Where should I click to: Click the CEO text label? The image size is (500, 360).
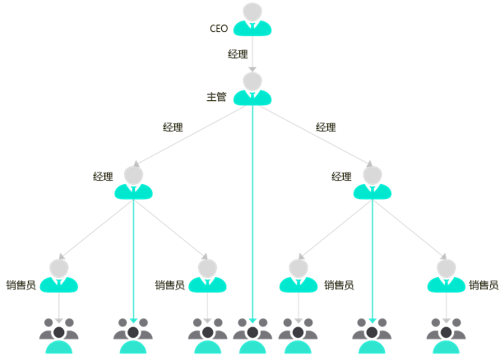pyautogui.click(x=219, y=29)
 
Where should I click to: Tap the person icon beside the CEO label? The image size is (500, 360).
pyautogui.click(x=252, y=20)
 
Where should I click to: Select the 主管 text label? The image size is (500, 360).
pyautogui.click(x=216, y=97)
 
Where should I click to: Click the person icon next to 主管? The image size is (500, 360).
pyautogui.click(x=252, y=89)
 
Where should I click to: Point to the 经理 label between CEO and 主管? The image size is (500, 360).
pyautogui.click(x=238, y=54)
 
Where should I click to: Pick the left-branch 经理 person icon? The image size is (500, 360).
pyautogui.click(x=133, y=182)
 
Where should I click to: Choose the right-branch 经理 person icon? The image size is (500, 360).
pyautogui.click(x=372, y=182)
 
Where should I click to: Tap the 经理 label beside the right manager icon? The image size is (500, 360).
pyautogui.click(x=341, y=177)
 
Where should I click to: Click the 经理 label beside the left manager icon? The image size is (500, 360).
pyautogui.click(x=103, y=177)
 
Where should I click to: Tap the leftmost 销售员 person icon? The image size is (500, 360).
pyautogui.click(x=59, y=276)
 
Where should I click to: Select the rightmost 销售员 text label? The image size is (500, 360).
pyautogui.click(x=484, y=285)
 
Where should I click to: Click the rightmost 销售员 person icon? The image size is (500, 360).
pyautogui.click(x=447, y=276)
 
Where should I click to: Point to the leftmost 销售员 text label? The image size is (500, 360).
pyautogui.click(x=21, y=285)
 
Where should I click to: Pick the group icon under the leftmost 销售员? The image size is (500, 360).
pyautogui.click(x=59, y=335)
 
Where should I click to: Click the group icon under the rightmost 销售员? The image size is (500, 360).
pyautogui.click(x=447, y=335)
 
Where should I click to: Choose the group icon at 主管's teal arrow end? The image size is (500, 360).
pyautogui.click(x=252, y=335)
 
